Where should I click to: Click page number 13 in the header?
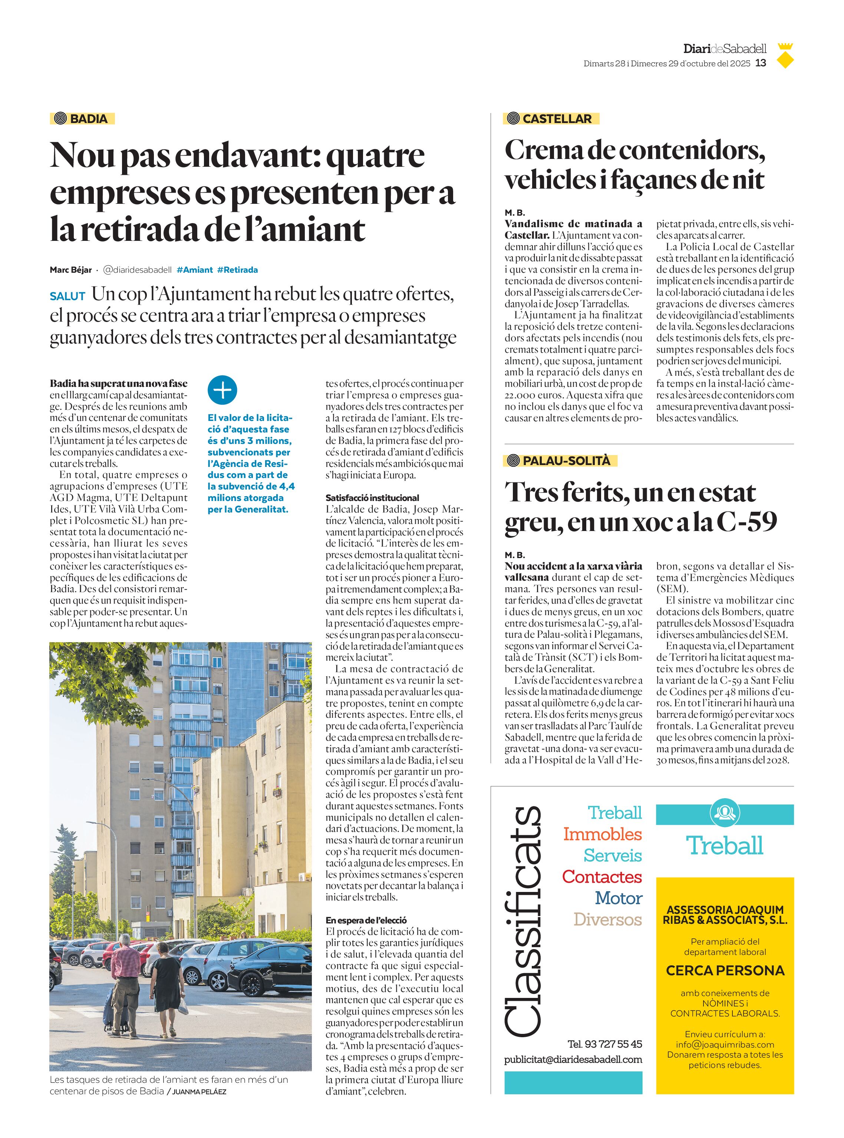click(x=761, y=63)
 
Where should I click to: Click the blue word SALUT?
click(x=67, y=296)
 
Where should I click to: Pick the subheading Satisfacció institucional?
click(x=372, y=498)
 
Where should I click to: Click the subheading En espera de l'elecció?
click(x=366, y=920)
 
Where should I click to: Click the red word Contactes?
click(x=601, y=877)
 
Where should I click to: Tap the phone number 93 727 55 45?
click(x=613, y=1044)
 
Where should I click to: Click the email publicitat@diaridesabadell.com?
click(x=573, y=1059)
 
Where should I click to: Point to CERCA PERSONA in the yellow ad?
click(x=725, y=971)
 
